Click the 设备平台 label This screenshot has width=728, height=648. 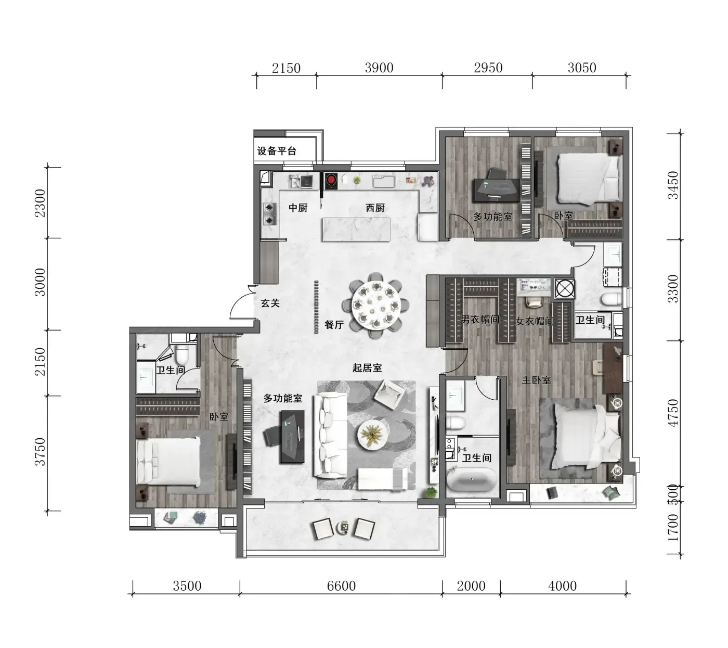pos(276,150)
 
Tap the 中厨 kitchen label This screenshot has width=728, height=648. pos(298,208)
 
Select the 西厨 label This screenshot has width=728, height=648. pos(375,208)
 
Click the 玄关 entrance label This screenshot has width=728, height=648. pos(270,303)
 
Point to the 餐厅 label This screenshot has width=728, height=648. pos(334,325)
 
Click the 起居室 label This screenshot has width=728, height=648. pos(367,367)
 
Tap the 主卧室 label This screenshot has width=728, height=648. pos(536,380)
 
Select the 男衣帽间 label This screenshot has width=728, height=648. pos(480,319)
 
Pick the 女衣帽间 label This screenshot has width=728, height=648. pos(535,321)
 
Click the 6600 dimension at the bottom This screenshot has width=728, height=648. pos(341,586)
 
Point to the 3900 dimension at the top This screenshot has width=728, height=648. pos(379,68)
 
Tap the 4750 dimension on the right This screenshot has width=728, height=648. pos(673,413)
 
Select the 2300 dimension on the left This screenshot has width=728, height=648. pos(40,203)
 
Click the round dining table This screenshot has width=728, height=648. pos(376,306)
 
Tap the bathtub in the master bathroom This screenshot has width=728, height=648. pos(472,479)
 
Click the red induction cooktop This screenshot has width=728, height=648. pos(331,181)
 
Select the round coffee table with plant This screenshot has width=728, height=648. pos(372,434)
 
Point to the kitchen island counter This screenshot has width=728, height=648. pos(356,230)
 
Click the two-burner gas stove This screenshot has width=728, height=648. pos(270,213)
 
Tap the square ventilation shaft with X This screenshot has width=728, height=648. pos(565,288)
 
